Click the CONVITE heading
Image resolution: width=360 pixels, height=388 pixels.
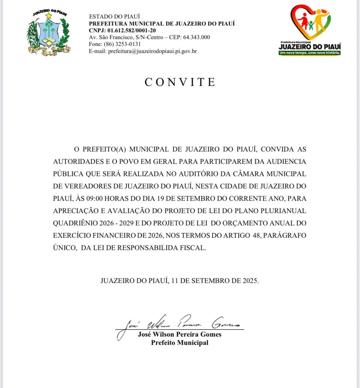[180, 82]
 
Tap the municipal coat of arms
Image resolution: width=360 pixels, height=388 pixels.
[48, 33]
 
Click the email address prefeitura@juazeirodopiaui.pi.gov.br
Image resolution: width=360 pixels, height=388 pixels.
[152, 51]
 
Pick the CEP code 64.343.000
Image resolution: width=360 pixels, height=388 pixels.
[196, 37]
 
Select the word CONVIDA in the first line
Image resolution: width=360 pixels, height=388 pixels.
[278, 149]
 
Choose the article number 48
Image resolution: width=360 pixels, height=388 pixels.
[257, 235]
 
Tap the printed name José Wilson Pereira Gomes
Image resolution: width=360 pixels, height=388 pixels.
[180, 334]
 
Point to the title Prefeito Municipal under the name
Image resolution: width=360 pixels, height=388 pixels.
[180, 343]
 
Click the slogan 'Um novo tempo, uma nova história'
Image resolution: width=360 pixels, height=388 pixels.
[310, 53]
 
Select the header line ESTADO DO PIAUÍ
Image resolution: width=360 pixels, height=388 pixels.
[114, 16]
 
